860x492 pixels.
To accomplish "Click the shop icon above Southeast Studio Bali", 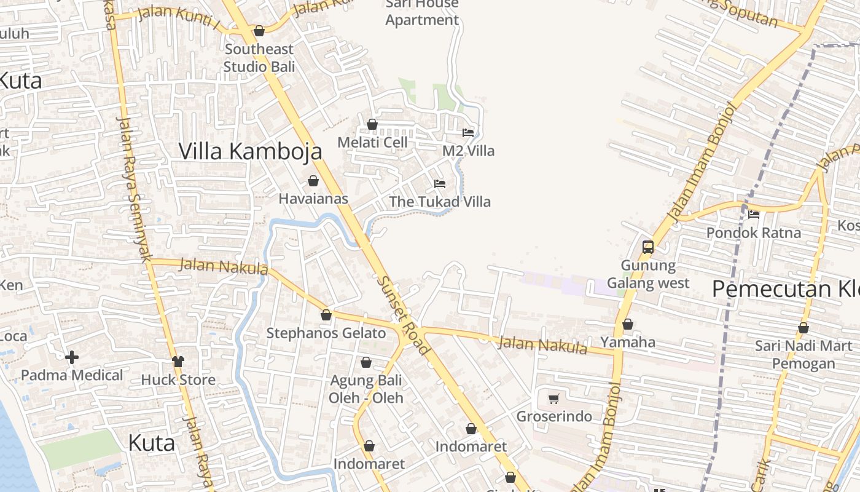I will [259, 31].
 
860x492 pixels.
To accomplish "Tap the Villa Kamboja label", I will [250, 151].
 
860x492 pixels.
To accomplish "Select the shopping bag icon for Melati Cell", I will [372, 124].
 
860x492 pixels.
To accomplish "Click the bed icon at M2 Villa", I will [468, 133].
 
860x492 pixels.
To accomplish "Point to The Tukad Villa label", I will [440, 202].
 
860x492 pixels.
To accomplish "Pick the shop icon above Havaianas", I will [313, 181].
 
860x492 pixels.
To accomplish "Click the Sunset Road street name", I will [402, 315].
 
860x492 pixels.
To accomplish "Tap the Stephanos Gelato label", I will [326, 333].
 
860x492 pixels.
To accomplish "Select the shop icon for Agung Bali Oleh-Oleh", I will [366, 362].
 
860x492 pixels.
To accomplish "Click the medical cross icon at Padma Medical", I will [72, 357].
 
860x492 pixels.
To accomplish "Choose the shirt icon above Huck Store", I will [178, 362].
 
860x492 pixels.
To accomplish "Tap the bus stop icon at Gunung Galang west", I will [647, 247].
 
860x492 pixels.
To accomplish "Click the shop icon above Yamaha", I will [628, 324].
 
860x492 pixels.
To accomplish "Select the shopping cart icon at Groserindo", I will [553, 399].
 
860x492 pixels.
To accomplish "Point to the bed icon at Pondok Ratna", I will [754, 215].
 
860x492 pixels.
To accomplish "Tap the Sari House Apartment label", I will [422, 12].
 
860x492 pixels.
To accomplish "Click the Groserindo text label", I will [554, 416].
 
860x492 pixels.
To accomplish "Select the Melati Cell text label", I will [372, 142].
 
